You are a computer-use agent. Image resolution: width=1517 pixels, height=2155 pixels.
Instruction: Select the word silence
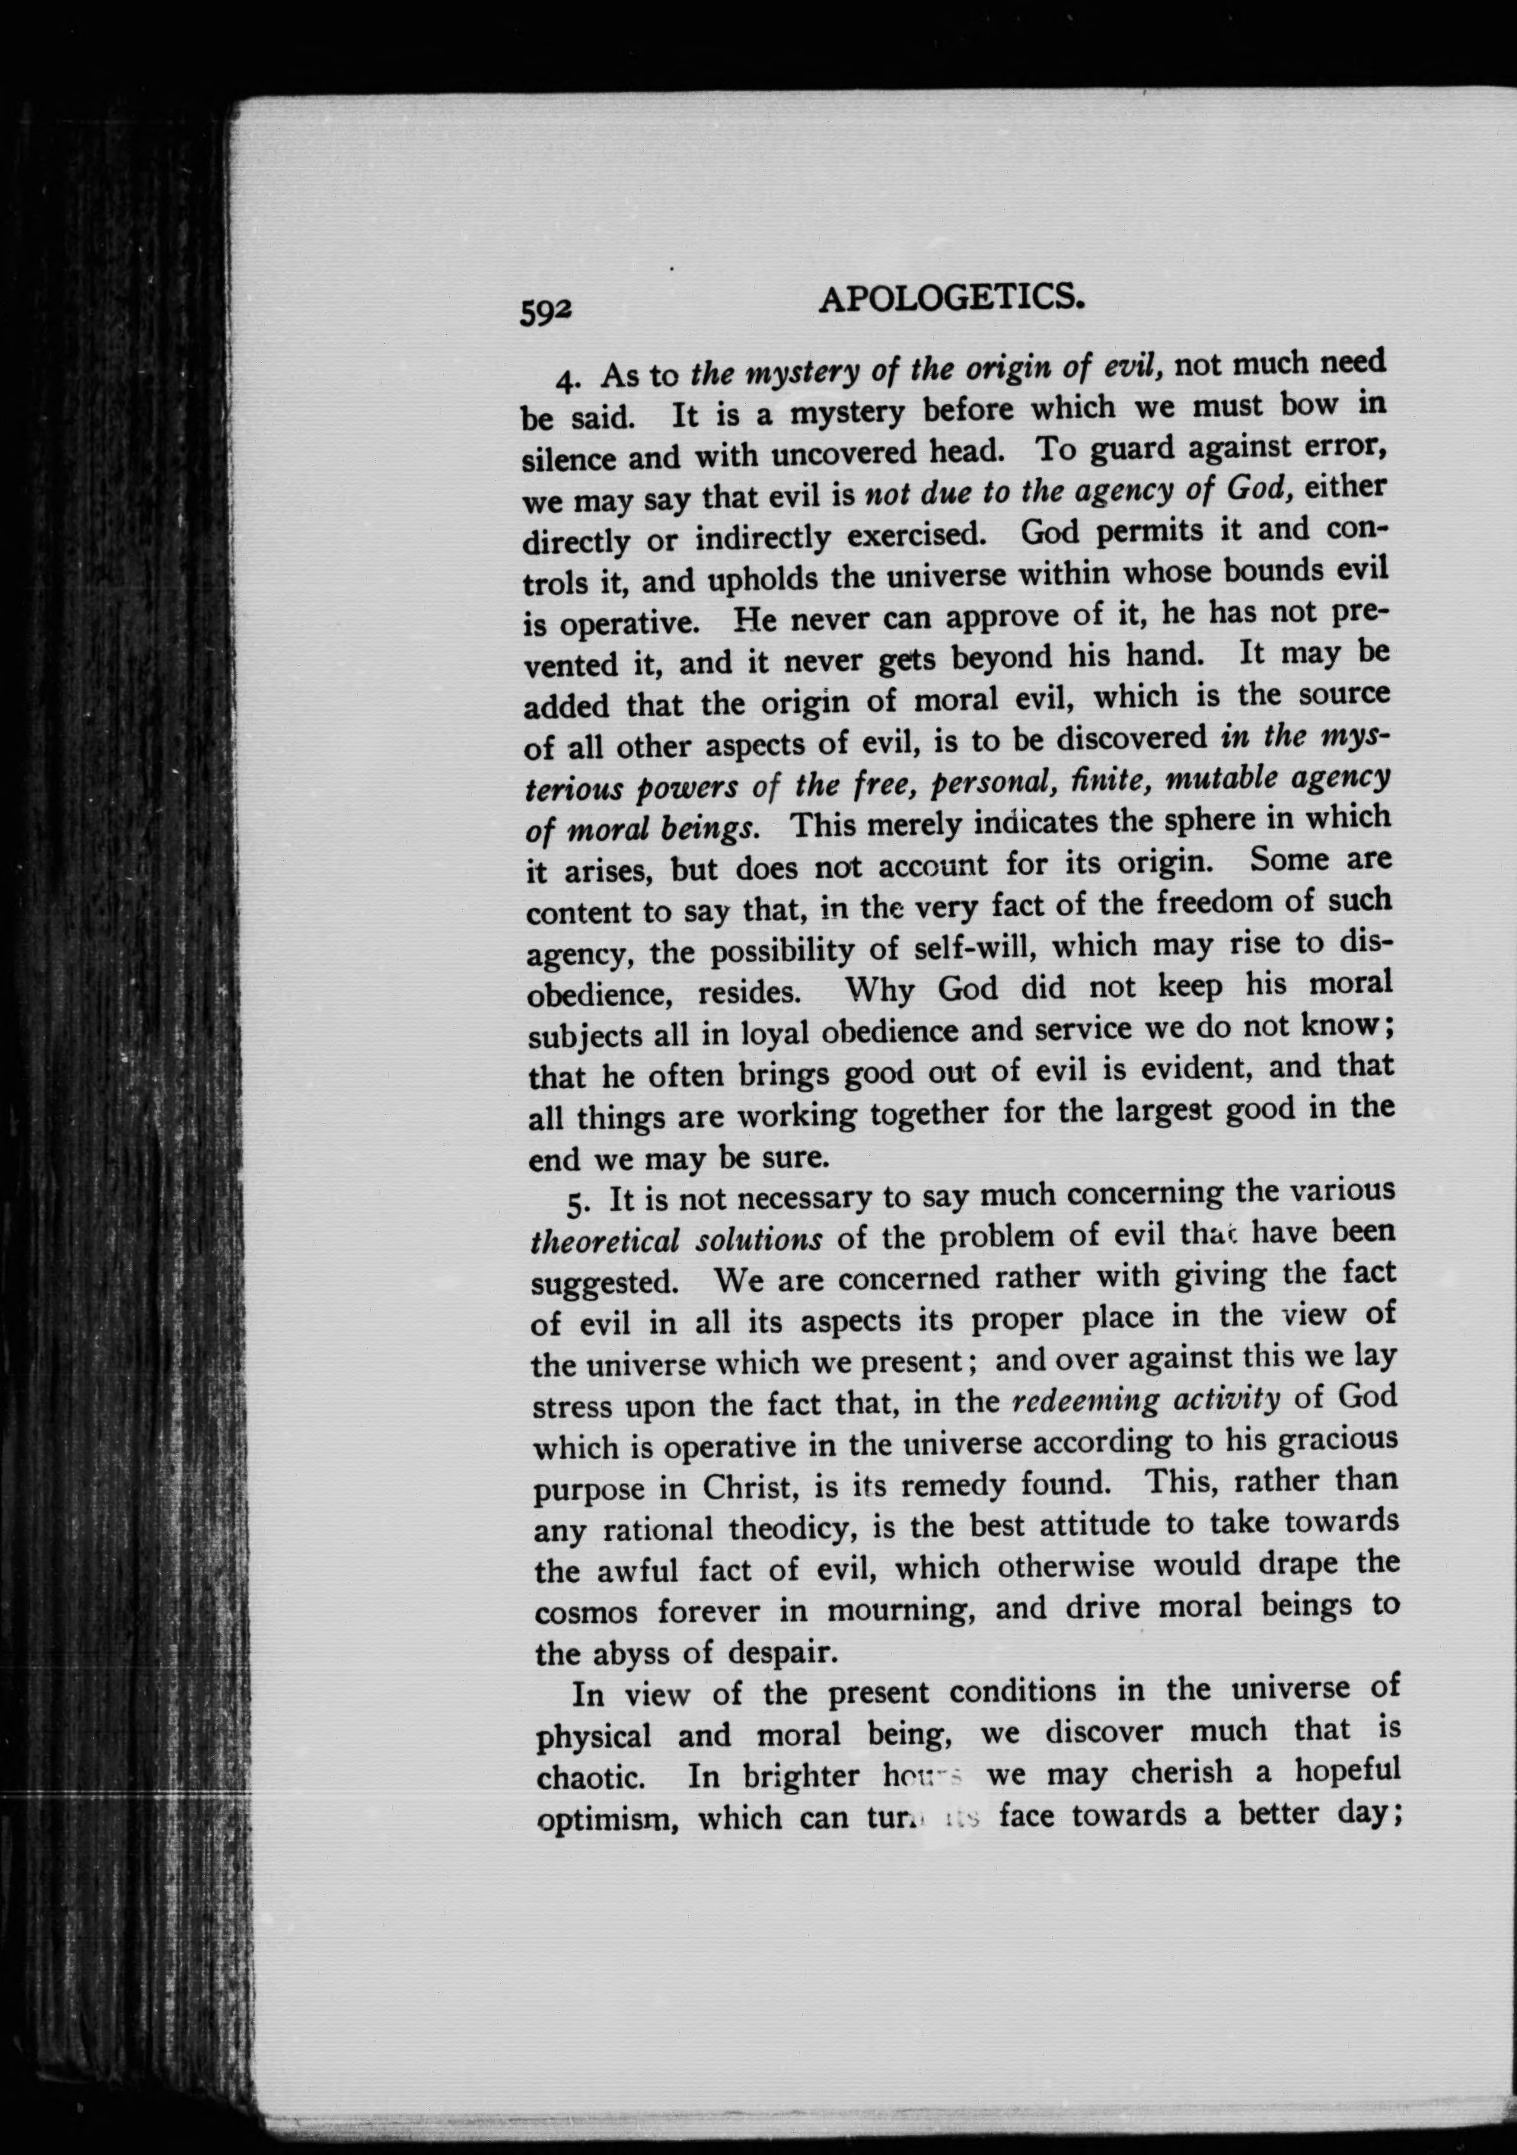coord(568,459)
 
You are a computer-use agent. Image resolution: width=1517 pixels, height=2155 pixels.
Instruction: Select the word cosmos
coord(586,1612)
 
